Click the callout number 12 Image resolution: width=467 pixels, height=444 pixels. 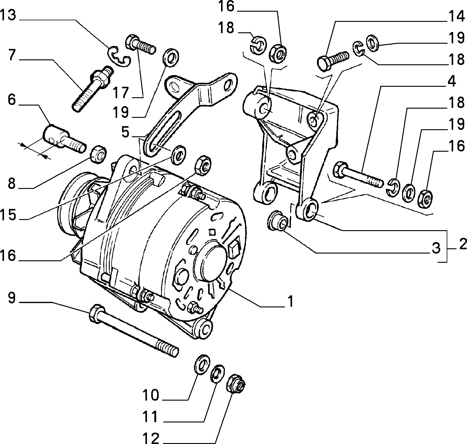pos(151,438)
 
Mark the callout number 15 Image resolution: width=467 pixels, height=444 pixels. pos(8,214)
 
